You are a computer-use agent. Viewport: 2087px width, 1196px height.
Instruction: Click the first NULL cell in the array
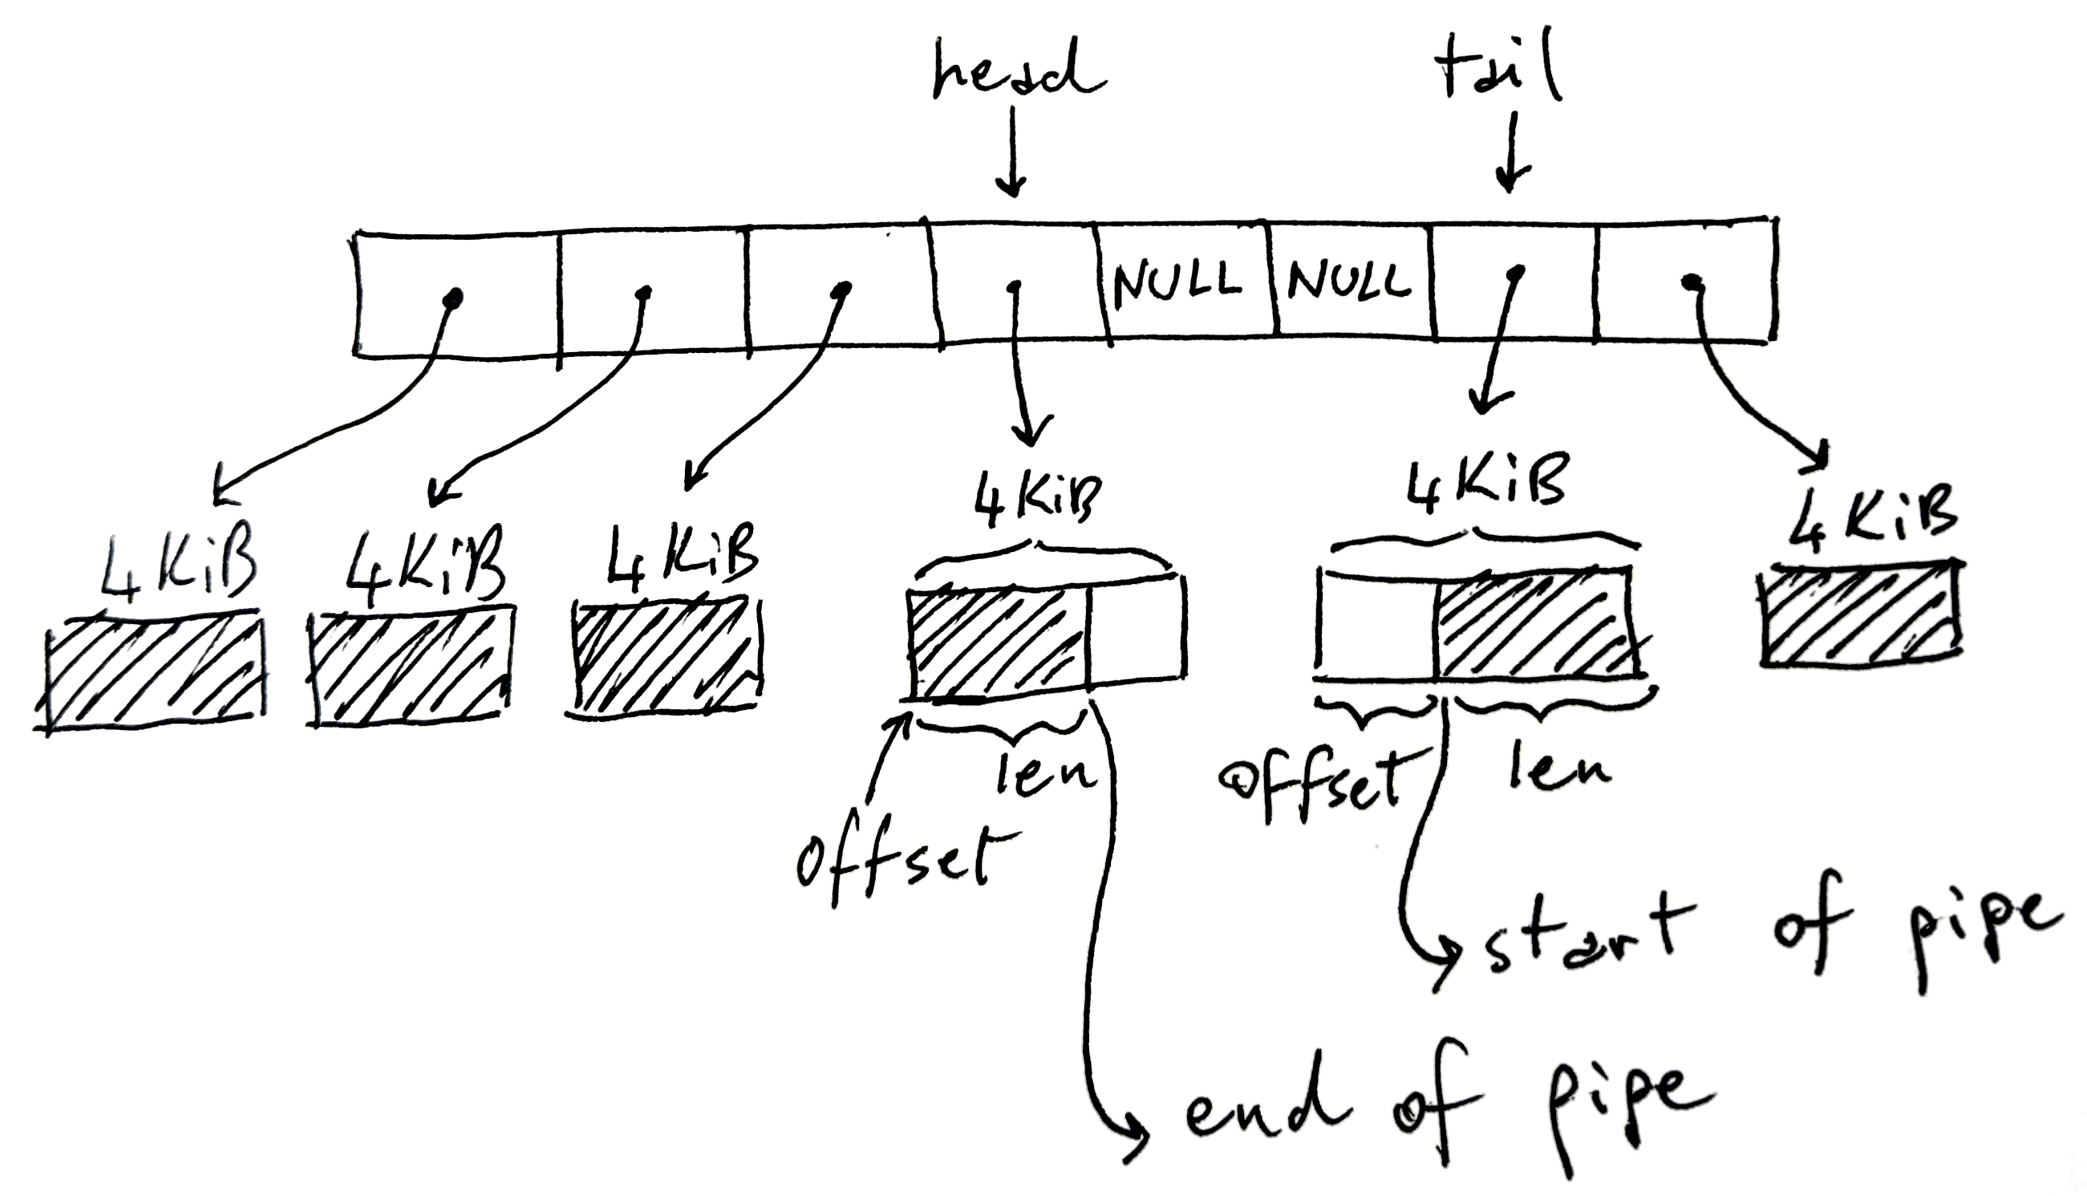point(1177,281)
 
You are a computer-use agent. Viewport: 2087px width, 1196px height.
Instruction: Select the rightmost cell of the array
point(1688,283)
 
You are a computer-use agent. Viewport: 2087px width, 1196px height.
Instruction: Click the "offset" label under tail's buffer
point(1310,776)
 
